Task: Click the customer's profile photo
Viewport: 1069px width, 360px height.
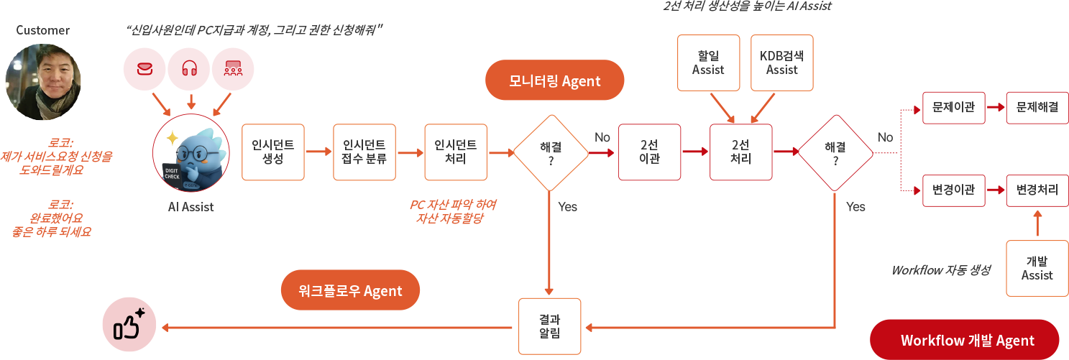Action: [43, 82]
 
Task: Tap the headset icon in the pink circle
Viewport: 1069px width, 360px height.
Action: [190, 69]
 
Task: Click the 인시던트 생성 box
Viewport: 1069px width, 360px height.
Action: [273, 152]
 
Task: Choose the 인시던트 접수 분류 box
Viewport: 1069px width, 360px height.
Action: [364, 152]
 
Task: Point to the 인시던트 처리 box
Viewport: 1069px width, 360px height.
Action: [456, 152]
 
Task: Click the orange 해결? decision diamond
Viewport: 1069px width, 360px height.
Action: [551, 152]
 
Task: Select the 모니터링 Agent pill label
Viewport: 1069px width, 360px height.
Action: [554, 80]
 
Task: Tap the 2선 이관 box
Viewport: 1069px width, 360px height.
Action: [649, 152]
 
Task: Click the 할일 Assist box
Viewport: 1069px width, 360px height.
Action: [708, 63]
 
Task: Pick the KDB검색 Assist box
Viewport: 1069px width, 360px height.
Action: [782, 63]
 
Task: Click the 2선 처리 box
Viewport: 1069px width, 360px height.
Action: [740, 152]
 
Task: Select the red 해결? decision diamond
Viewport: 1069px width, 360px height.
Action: [835, 152]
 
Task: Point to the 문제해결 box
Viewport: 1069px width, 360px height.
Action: [1037, 107]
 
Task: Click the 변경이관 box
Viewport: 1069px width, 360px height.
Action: [953, 190]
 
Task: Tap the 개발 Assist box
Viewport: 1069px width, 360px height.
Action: [1037, 269]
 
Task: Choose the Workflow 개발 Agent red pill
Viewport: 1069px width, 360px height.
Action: [965, 340]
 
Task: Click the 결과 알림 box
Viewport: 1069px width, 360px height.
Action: [549, 327]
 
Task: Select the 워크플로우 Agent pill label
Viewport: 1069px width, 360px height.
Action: [349, 290]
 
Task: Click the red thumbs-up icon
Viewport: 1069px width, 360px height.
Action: [129, 327]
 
